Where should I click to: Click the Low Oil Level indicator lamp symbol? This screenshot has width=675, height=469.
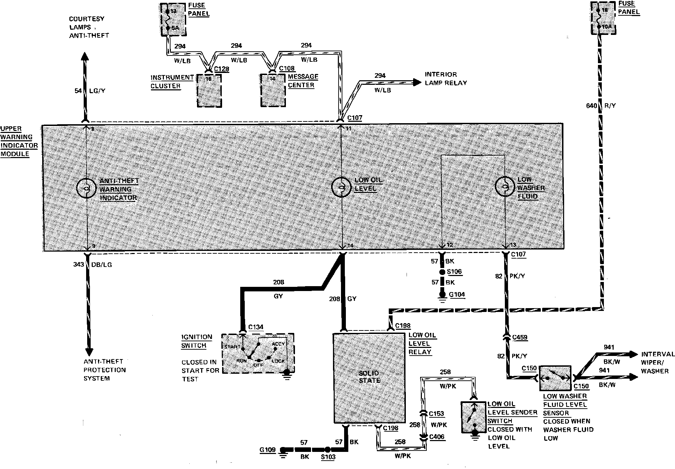click(x=341, y=188)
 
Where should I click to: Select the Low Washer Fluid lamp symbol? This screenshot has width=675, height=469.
click(x=505, y=186)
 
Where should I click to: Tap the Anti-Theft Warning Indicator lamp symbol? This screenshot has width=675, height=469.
click(x=86, y=188)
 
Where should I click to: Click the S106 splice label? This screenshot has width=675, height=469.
click(x=454, y=272)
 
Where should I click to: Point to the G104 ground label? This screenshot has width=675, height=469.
click(x=457, y=295)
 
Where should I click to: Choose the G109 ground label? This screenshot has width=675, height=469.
click(x=267, y=450)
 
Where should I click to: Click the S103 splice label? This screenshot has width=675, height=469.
click(x=328, y=457)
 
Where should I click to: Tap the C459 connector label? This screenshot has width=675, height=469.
click(x=519, y=337)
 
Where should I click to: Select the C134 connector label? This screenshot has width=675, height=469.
click(x=256, y=327)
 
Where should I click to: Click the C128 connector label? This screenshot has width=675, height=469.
click(x=221, y=69)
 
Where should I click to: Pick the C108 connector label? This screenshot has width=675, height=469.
click(x=287, y=68)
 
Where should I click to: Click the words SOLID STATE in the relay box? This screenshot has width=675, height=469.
click(x=369, y=377)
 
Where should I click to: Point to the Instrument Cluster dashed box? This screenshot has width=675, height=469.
click(x=209, y=91)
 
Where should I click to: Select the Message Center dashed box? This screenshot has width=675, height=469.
click(x=273, y=91)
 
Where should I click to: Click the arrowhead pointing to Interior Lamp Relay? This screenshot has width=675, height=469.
click(x=417, y=82)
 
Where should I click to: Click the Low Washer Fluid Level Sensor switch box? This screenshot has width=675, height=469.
click(x=555, y=378)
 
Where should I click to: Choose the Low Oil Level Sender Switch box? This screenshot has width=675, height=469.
click(x=473, y=417)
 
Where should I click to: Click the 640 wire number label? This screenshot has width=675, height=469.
click(x=591, y=105)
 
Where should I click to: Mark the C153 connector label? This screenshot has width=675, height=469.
click(x=436, y=414)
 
